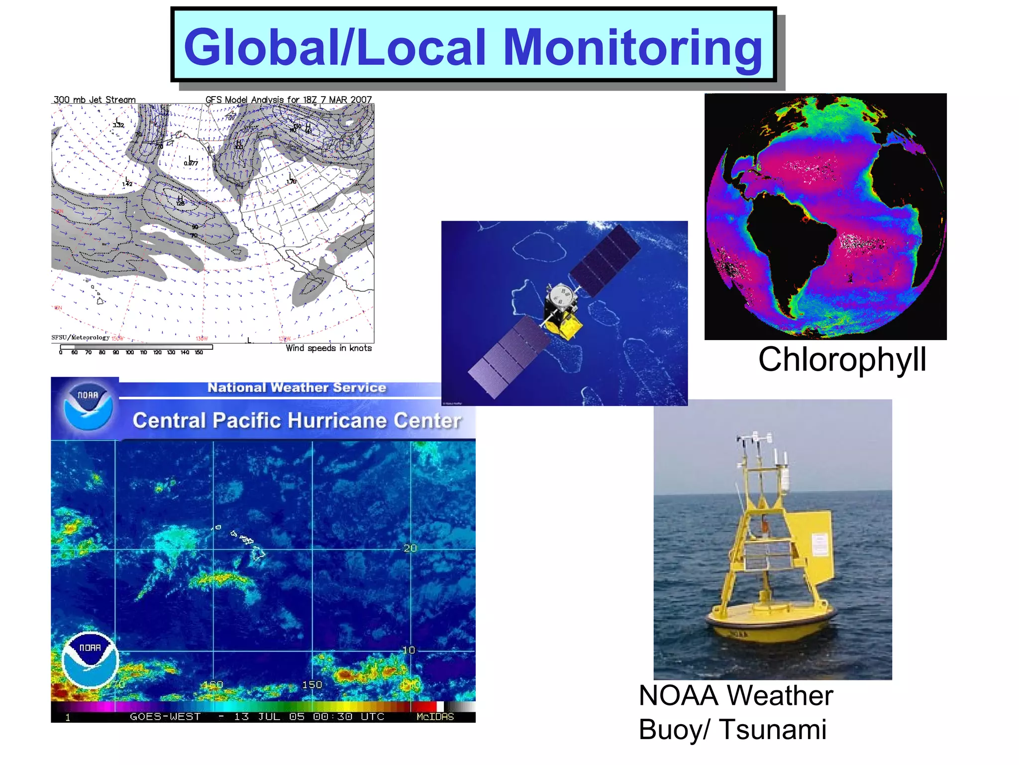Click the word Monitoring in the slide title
coord(633,48)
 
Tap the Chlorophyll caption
coord(842,360)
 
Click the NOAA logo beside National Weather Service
coord(88,406)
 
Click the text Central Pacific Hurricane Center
coord(297,421)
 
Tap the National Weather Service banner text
coord(297,387)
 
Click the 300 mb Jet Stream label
coord(95,100)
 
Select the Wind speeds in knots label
coord(328,348)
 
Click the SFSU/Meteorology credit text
coord(80,338)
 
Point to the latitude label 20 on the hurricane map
coord(410,548)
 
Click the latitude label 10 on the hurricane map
coord(408,650)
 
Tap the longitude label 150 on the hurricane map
coord(312,685)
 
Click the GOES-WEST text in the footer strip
coord(165,717)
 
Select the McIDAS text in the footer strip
coord(435,717)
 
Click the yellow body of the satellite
coord(565,326)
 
